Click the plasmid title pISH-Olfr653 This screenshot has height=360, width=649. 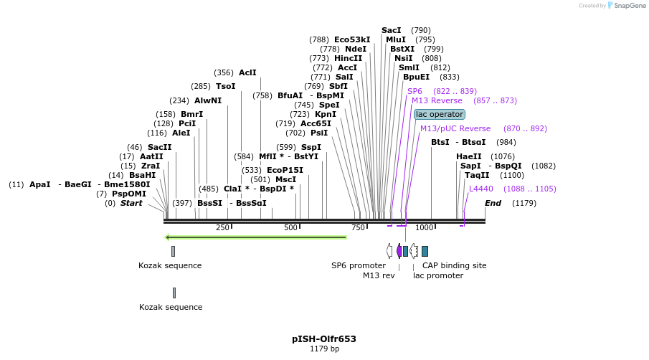[x=324, y=339]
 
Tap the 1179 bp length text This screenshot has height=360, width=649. [x=324, y=349]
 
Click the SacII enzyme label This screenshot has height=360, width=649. [x=159, y=147]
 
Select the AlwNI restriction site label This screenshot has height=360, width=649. [x=208, y=100]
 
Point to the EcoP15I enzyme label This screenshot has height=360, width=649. [x=285, y=170]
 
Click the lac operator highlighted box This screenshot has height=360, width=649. [x=440, y=115]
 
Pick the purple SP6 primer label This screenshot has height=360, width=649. [x=414, y=91]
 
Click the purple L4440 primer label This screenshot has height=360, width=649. [x=481, y=189]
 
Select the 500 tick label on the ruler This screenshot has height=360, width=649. [x=290, y=227]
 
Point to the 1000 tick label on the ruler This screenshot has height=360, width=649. [x=425, y=227]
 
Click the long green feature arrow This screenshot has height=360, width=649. [x=256, y=237]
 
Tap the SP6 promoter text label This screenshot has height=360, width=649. [x=359, y=265]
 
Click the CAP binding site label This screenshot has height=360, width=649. [x=454, y=265]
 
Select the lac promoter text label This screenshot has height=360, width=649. [x=438, y=275]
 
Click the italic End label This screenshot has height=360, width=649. [x=493, y=203]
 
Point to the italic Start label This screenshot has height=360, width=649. [x=131, y=203]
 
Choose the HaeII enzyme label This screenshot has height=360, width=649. [x=469, y=156]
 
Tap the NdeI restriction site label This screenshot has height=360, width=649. [x=356, y=49]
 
